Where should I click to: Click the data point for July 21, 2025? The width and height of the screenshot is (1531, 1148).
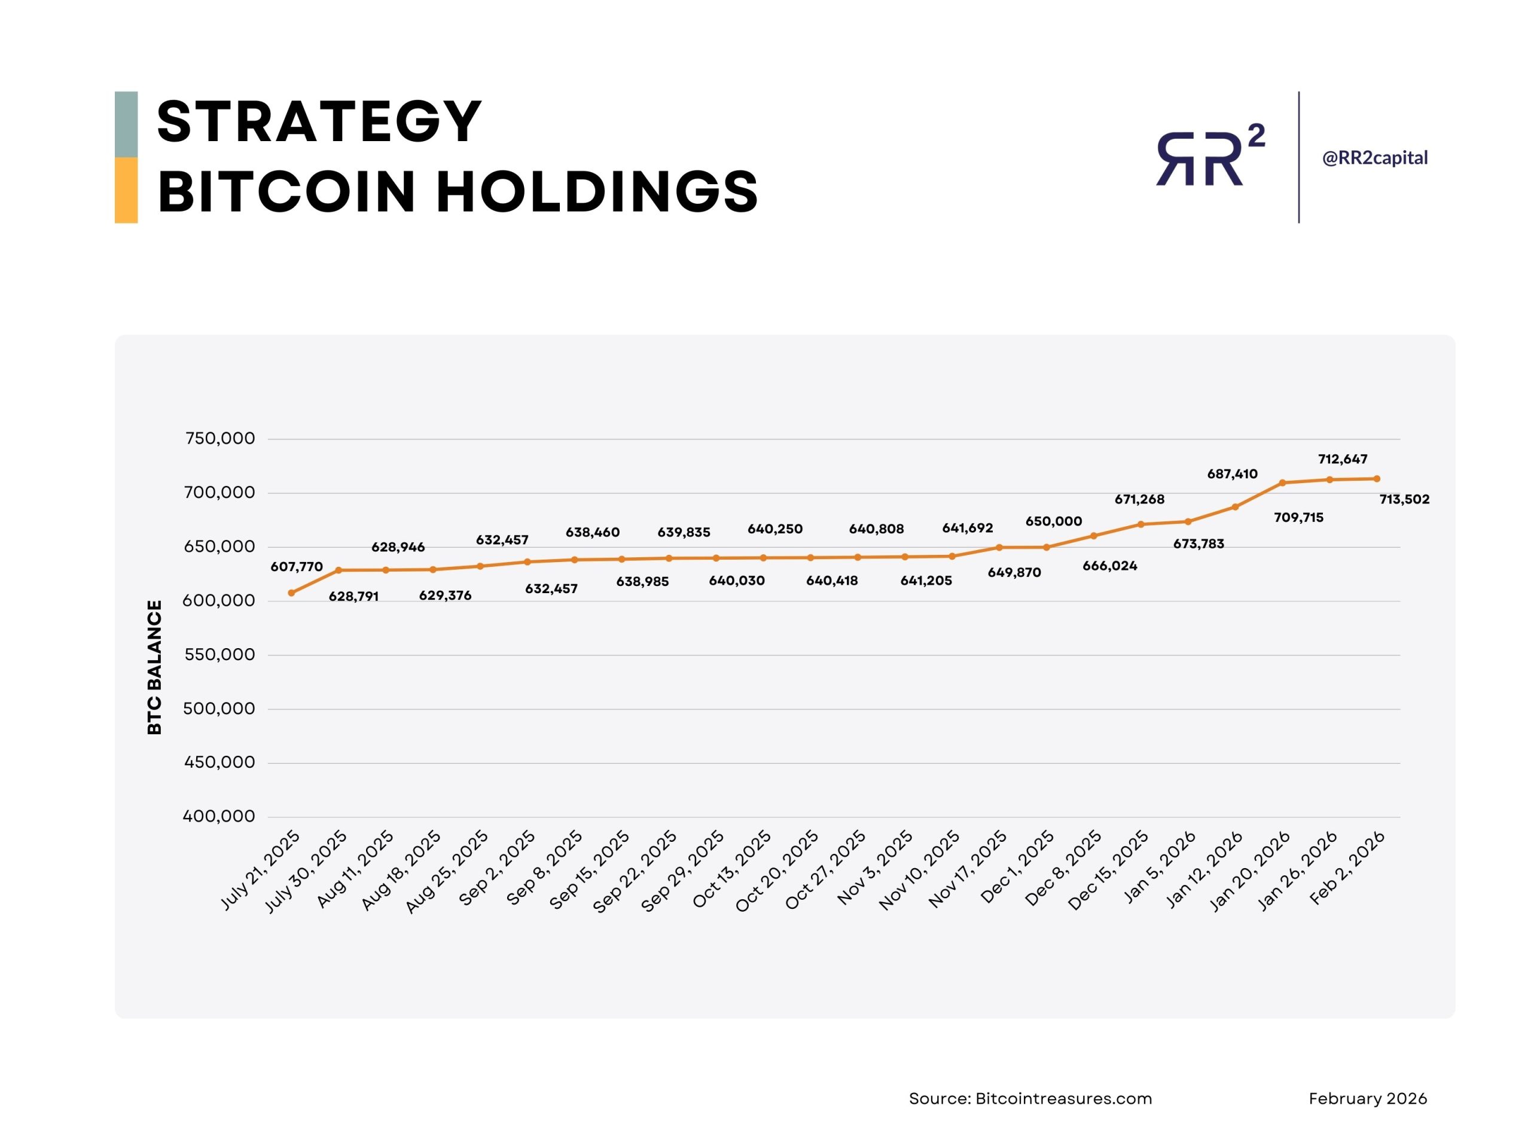point(291,593)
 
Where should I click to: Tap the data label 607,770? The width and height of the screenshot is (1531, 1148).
point(296,567)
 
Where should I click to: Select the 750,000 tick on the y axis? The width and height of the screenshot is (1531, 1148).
point(220,439)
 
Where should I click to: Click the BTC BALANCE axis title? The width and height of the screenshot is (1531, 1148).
point(154,667)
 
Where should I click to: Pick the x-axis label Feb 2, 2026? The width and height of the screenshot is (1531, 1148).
point(1347,868)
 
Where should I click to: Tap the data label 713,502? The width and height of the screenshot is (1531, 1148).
point(1404,500)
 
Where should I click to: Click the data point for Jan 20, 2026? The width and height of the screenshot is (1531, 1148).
point(1283,483)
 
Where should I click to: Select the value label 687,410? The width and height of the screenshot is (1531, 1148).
point(1232,474)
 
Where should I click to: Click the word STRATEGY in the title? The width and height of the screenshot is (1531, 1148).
point(319,123)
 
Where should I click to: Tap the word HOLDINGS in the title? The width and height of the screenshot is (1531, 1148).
point(597,192)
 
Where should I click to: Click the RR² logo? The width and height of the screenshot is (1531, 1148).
point(1209,157)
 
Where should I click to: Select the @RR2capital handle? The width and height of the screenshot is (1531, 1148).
point(1374,158)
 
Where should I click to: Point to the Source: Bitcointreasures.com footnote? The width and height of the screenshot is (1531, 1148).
point(1030,1099)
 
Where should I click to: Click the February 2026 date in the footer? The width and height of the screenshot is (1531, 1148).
point(1368,1099)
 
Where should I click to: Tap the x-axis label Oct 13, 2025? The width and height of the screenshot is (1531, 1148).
point(732,870)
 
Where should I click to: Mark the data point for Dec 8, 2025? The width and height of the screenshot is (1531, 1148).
point(1094,536)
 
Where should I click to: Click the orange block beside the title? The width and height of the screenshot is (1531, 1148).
point(126,190)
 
